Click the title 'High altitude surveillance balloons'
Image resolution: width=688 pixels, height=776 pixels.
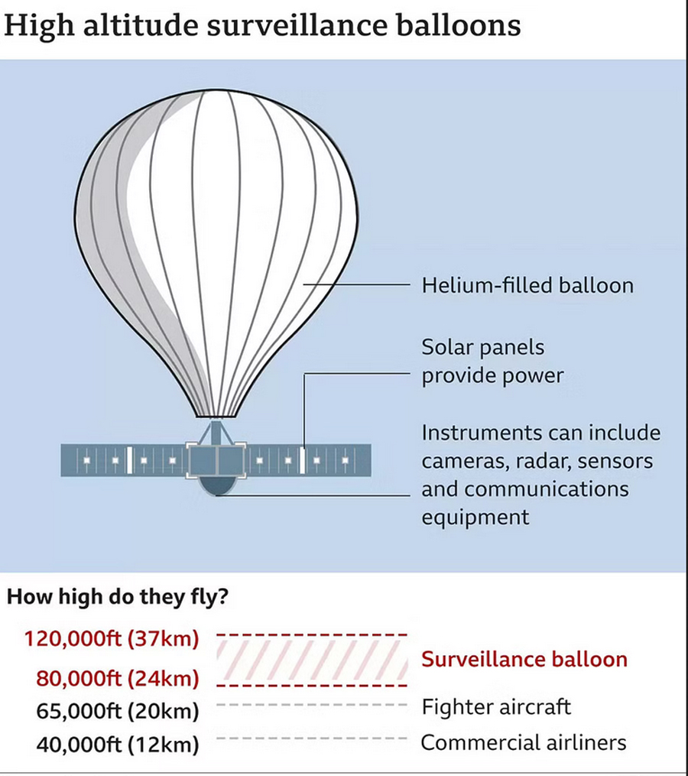coord(263,26)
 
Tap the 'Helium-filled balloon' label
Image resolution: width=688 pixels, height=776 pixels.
coord(527,286)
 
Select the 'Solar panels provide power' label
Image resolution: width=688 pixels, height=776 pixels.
coord(493,362)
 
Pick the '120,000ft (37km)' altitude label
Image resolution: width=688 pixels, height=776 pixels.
coord(112,638)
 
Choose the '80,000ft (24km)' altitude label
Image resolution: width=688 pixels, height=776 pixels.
coord(118,678)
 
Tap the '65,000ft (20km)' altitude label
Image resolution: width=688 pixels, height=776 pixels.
coord(118,710)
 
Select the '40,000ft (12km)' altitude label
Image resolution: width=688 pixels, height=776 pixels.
coord(118,743)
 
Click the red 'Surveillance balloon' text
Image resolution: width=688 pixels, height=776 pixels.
coord(524,659)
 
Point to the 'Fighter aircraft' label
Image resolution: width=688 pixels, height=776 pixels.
coord(496,706)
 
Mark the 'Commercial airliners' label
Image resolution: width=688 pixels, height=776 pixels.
coord(524,742)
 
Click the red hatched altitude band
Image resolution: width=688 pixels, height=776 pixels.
coord(312,658)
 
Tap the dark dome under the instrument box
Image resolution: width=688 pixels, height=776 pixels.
coord(217,488)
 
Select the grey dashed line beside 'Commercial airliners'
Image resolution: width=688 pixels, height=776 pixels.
coord(312,739)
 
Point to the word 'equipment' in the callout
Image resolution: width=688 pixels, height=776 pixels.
coord(475,517)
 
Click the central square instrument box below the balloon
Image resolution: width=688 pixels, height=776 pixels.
coord(217,460)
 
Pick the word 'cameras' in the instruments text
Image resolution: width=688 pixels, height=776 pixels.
coord(458,461)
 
